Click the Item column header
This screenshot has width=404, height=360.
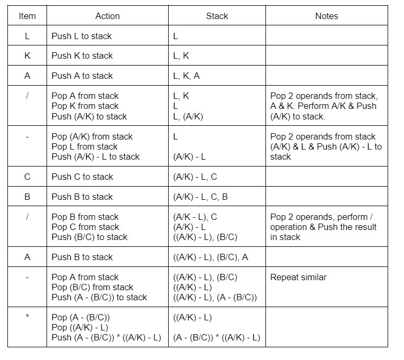tap(27, 16)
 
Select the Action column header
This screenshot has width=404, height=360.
tap(107, 16)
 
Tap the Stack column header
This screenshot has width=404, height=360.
tap(217, 16)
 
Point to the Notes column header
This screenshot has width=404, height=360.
tap(326, 16)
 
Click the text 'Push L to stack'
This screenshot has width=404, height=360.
tap(81, 36)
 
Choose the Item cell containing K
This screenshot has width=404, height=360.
tap(27, 56)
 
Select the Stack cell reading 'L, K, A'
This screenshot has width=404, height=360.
tap(186, 76)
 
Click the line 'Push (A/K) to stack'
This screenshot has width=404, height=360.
tap(89, 116)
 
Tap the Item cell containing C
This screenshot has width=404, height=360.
tap(27, 177)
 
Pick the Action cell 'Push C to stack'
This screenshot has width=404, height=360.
tap(82, 177)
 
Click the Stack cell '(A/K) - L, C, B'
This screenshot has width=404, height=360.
tap(200, 197)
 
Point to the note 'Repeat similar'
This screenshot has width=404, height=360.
tap(298, 277)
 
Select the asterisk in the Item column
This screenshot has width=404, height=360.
tap(27, 317)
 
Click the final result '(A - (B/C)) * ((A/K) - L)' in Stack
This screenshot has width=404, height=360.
tap(216, 337)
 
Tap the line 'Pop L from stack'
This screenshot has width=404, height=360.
tap(85, 146)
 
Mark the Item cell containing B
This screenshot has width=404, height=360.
tap(27, 197)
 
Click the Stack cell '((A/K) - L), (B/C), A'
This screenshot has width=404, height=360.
tap(210, 257)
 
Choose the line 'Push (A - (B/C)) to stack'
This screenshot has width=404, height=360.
tap(99, 297)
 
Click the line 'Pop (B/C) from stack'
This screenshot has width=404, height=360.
tap(93, 287)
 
